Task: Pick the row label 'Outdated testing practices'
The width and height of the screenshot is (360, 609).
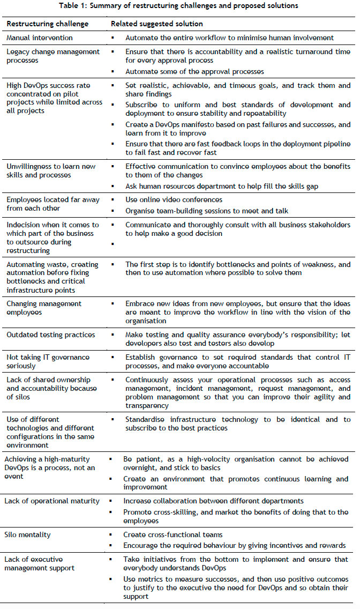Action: point(50,335)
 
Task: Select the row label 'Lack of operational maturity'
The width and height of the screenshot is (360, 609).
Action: point(51,501)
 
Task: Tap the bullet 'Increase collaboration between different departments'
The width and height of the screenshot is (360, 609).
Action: point(214,501)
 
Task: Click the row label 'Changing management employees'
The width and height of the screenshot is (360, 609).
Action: point(44,308)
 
